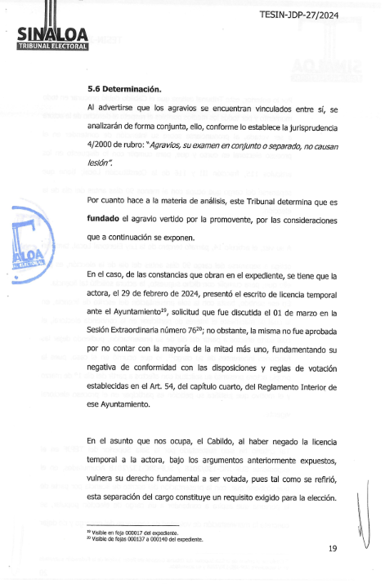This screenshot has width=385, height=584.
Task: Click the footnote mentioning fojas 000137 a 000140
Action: click(144, 539)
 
